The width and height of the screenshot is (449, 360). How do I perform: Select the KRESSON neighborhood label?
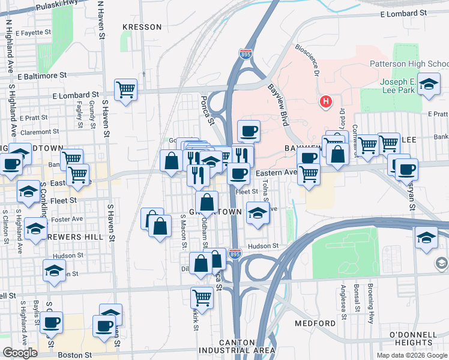click(x=142, y=27)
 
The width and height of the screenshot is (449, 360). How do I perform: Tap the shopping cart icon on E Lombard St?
click(x=125, y=90)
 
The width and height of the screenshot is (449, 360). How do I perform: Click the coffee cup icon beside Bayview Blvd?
click(x=248, y=131)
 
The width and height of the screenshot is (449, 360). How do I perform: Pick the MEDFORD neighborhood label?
click(x=315, y=323)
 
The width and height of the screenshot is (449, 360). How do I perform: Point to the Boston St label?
click(x=75, y=355)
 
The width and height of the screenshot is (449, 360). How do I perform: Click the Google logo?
click(x=20, y=353)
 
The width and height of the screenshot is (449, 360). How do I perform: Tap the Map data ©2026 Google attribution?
click(x=411, y=355)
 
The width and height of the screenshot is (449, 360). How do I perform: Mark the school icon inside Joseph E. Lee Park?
click(x=429, y=84)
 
